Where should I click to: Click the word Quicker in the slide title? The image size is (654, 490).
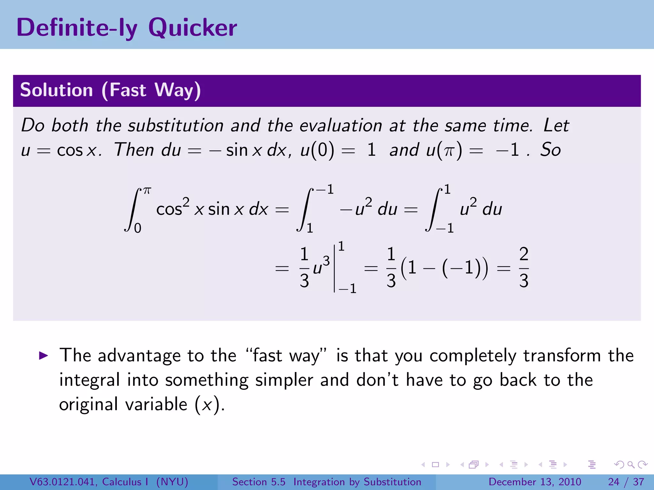[193, 28]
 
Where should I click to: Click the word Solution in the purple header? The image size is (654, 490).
[56, 90]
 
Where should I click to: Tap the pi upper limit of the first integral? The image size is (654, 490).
[147, 191]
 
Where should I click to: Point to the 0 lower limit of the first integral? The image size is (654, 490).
[138, 228]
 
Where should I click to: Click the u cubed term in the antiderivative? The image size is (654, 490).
[321, 266]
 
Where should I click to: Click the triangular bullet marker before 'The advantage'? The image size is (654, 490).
[43, 356]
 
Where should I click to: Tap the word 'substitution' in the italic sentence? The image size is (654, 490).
[176, 125]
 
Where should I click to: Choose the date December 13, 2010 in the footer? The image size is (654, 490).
[535, 482]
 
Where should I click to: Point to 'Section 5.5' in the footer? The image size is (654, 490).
[259, 482]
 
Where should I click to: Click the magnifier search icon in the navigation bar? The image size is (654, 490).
[631, 465]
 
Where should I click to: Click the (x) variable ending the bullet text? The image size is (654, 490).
[208, 405]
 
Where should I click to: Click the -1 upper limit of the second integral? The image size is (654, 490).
[325, 189]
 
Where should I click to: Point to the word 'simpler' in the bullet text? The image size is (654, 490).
[284, 380]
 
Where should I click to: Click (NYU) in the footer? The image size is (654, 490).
[172, 482]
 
